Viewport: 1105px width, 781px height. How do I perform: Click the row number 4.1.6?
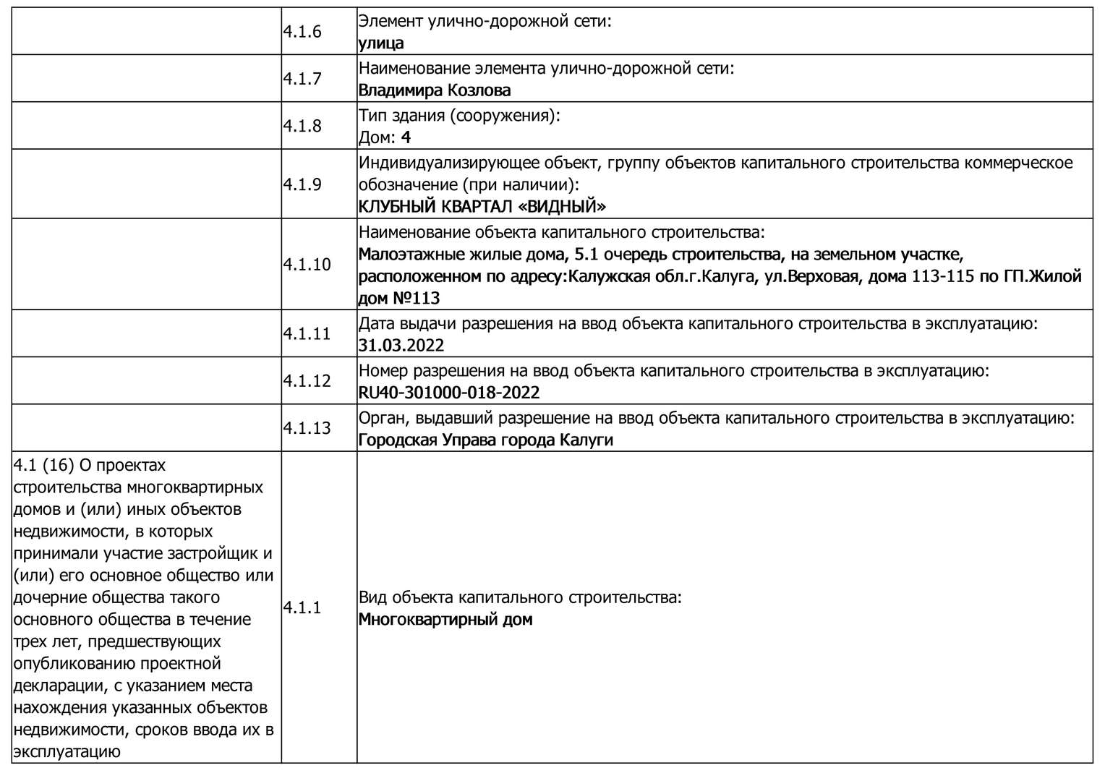[x=302, y=32]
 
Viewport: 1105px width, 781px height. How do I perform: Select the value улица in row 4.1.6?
[x=381, y=43]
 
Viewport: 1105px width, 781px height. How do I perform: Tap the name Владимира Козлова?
[x=435, y=90]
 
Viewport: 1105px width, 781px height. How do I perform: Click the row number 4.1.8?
[x=302, y=126]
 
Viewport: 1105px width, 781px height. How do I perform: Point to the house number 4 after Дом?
[x=406, y=137]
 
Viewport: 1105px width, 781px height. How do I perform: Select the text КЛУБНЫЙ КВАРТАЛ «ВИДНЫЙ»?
[x=482, y=207]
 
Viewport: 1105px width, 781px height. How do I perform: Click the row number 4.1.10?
[x=307, y=265]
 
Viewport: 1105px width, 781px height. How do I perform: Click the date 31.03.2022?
[x=401, y=346]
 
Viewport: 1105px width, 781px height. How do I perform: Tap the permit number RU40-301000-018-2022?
[x=449, y=393]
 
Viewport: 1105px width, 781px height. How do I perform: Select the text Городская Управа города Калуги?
[x=485, y=440]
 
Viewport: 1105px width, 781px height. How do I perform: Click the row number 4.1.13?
[x=307, y=428]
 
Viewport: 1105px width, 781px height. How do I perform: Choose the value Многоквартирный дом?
[x=445, y=620]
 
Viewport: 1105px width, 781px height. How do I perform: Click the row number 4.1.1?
[x=302, y=608]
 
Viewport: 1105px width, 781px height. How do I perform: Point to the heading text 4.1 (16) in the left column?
[x=44, y=465]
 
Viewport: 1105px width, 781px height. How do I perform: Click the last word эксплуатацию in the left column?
[x=66, y=751]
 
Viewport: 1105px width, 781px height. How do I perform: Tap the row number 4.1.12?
[x=307, y=381]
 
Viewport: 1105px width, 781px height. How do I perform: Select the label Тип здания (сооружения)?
[x=459, y=116]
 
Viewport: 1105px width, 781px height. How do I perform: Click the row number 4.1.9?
[x=302, y=184]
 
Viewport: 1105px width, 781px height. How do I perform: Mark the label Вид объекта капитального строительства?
[x=520, y=598]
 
